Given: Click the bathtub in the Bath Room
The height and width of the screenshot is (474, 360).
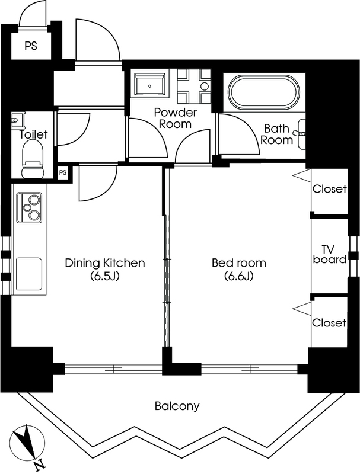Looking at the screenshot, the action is click(264, 92).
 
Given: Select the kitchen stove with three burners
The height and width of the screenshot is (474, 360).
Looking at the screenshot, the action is click(29, 208).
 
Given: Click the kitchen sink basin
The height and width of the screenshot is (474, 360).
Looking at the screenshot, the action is click(28, 274).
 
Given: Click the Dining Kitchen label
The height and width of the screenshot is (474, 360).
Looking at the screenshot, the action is click(105, 262).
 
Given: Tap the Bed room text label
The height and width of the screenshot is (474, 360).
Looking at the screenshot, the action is click(238, 262).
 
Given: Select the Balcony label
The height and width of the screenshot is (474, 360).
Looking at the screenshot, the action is click(177, 406).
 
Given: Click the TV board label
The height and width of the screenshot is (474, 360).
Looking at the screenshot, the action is click(329, 255).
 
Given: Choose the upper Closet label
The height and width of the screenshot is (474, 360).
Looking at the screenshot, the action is click(329, 189).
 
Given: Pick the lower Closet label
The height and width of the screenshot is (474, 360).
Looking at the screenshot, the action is click(329, 322).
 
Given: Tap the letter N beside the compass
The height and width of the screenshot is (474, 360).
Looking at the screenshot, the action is click(39, 466).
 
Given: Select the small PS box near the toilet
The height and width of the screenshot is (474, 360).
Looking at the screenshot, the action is click(63, 172).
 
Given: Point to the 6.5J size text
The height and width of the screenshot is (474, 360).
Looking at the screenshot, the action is click(105, 276).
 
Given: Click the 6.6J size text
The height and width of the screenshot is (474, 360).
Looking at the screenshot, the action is click(238, 276).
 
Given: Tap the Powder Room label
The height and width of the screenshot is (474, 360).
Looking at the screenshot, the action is click(175, 118).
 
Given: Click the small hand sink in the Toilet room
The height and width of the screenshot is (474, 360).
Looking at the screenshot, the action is click(17, 120).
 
